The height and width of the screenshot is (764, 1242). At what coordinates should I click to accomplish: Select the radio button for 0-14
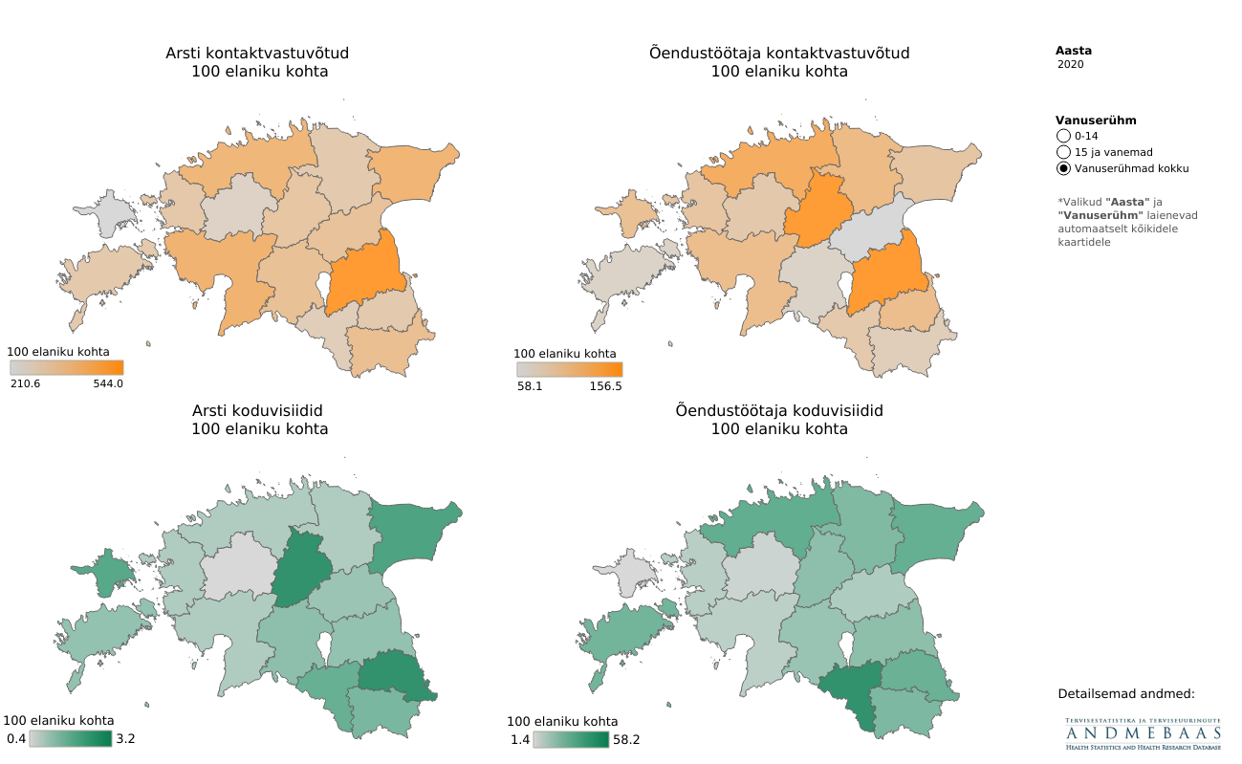click(x=1063, y=137)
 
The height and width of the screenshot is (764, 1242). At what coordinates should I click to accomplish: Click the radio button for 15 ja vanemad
click(x=1063, y=152)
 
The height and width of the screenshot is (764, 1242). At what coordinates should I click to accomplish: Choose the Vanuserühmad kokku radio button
click(x=1063, y=168)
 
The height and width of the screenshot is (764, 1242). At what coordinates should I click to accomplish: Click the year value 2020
click(x=1071, y=65)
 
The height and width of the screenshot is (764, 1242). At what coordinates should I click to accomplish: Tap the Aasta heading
click(x=1073, y=51)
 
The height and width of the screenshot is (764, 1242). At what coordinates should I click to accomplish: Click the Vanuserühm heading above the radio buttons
click(x=1096, y=120)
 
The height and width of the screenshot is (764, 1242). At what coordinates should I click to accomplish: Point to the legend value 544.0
click(x=108, y=383)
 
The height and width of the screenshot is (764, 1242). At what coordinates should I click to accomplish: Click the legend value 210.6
click(x=26, y=383)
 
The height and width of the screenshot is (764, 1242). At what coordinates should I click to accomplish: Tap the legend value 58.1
click(x=530, y=386)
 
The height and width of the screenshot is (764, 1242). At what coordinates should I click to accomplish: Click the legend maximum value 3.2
click(x=125, y=738)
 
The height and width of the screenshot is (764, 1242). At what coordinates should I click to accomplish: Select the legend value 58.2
click(x=627, y=739)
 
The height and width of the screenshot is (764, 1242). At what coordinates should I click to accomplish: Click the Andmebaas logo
click(x=1144, y=733)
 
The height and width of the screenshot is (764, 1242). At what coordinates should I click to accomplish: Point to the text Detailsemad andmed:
click(x=1126, y=693)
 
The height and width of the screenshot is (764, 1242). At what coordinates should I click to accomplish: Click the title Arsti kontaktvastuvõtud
click(x=258, y=54)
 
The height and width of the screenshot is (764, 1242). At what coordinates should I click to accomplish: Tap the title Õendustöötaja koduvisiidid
click(x=778, y=410)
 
